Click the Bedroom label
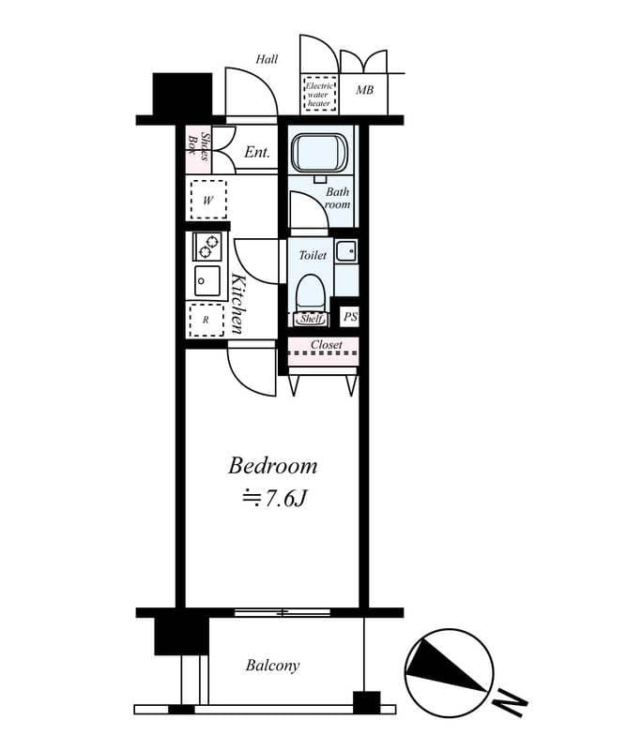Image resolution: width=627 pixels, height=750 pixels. [x=273, y=465]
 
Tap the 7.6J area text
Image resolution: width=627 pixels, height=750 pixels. [x=275, y=499]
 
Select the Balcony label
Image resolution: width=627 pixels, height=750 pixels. [x=272, y=666]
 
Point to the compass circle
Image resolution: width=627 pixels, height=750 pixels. [x=448, y=672]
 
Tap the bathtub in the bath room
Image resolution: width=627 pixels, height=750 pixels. [x=319, y=154]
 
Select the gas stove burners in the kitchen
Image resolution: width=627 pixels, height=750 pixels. [x=207, y=247]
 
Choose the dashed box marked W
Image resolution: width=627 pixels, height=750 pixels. [x=208, y=200]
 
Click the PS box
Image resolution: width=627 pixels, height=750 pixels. [x=349, y=318]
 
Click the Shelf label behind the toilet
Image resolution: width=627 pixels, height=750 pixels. [x=312, y=319]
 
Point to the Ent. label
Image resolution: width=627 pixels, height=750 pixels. [x=257, y=152]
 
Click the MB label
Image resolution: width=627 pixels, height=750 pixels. [x=363, y=91]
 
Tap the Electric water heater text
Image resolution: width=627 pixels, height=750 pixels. [x=318, y=94]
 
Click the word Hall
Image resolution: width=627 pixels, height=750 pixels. [x=267, y=60]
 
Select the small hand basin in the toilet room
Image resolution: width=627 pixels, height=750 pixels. [x=345, y=250]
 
